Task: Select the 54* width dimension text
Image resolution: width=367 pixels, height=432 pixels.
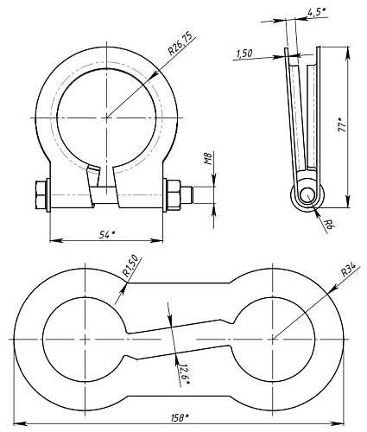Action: click(107, 235)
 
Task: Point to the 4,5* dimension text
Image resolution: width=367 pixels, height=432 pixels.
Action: click(316, 12)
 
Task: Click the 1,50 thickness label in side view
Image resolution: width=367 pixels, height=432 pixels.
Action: click(244, 53)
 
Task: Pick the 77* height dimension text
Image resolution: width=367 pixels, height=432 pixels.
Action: click(342, 125)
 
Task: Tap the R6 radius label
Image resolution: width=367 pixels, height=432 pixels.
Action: click(328, 224)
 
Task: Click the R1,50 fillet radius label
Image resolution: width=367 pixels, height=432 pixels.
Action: click(130, 266)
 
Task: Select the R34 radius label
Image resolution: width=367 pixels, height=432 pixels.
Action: click(348, 270)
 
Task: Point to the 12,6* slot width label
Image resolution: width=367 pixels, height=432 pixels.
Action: click(183, 374)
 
